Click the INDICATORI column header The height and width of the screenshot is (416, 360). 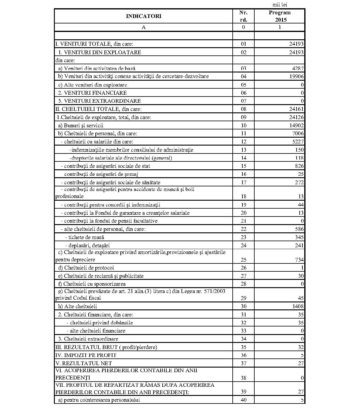(x=143, y=16)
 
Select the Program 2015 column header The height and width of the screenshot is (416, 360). (x=279, y=16)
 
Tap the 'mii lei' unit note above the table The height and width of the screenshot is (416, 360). (x=280, y=5)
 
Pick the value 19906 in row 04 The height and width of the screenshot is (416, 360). (x=296, y=76)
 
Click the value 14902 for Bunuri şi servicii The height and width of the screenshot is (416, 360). (x=296, y=125)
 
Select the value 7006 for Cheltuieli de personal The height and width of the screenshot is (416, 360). (x=297, y=133)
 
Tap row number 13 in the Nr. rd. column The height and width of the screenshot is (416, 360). (x=243, y=150)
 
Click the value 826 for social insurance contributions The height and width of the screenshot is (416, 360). (x=299, y=166)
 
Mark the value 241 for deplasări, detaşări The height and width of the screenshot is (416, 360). (x=299, y=245)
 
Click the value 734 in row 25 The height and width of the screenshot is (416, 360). (x=299, y=260)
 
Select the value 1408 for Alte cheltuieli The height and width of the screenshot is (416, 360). (x=297, y=306)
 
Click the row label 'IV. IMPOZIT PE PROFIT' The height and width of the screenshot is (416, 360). (x=86, y=355)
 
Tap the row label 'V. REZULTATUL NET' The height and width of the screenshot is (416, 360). (x=83, y=363)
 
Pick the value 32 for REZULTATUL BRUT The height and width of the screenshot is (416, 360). (x=301, y=347)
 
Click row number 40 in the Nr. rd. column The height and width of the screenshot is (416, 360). (x=243, y=400)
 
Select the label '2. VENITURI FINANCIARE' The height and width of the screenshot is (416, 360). (x=93, y=93)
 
